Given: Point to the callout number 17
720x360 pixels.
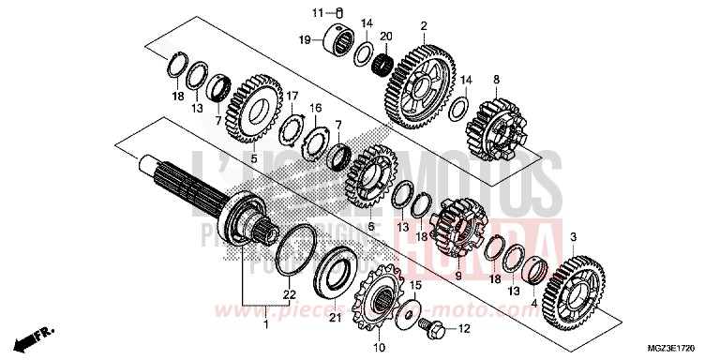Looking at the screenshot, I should click(292, 96).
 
